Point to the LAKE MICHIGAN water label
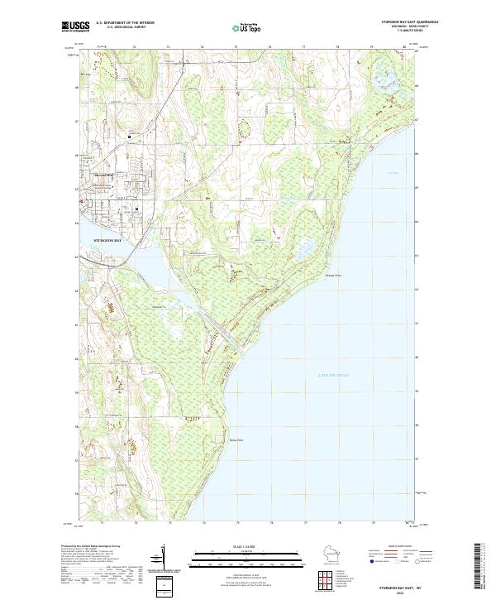334,376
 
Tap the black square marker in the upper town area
129,137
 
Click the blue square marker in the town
136,209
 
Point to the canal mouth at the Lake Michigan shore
241,342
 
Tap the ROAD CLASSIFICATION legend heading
403,547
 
